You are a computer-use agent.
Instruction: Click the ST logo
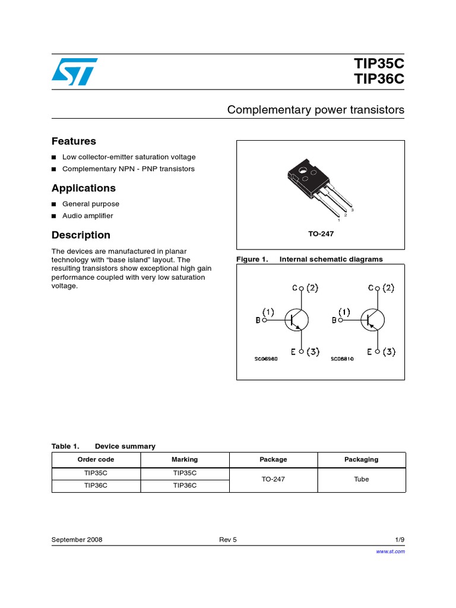pos(72,71)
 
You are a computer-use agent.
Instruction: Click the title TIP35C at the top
pos(379,64)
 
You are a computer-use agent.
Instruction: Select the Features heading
pos(74,141)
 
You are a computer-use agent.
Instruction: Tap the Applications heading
pos(84,188)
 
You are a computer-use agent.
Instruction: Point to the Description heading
pos(81,235)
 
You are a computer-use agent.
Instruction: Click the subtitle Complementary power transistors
pos(316,110)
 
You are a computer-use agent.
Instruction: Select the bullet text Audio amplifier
pos(87,216)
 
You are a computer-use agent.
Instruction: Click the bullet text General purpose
pos(91,204)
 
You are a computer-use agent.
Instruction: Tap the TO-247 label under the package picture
pos(321,234)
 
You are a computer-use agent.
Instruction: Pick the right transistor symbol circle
pos(372,320)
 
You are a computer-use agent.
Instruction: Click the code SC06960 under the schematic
pos(266,359)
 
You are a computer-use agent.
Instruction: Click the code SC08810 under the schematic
pos(342,359)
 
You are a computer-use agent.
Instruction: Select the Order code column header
pos(96,460)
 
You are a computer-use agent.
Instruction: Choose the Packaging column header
pos(361,460)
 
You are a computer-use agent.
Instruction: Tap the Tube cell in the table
pos(361,479)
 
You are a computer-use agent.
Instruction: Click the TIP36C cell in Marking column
pos(185,486)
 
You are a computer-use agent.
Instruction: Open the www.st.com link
pos(391,552)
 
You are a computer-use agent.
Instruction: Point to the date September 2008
pos(77,540)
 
